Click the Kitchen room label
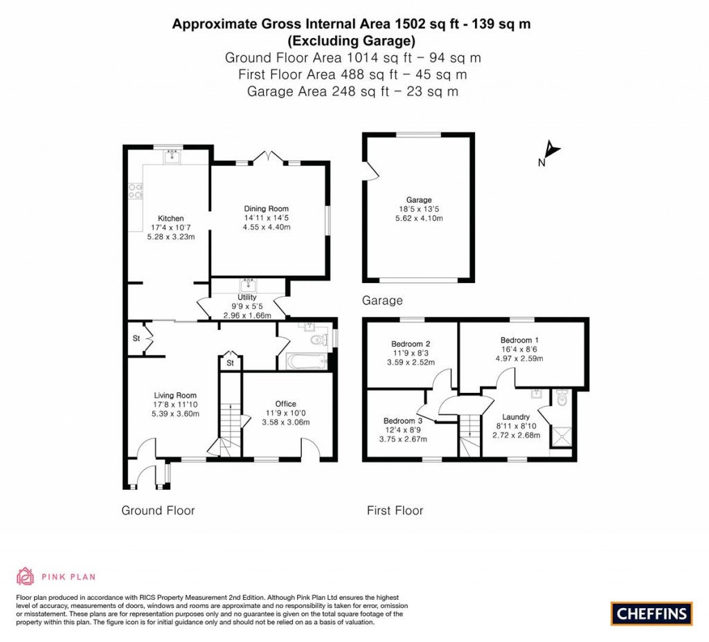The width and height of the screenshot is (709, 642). (x=170, y=218)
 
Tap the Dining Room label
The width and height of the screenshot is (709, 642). (x=267, y=209)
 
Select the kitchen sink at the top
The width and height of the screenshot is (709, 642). (x=172, y=156)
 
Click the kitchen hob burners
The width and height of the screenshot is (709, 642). (x=135, y=191)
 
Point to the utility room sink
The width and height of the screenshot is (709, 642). (x=249, y=286)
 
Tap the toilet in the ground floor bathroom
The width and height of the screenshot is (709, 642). (x=319, y=340)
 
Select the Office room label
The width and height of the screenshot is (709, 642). (x=286, y=404)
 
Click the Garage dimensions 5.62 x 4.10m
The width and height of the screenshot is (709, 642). (x=419, y=218)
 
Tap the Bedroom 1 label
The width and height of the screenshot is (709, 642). (x=519, y=340)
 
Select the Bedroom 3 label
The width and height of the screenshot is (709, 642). (x=403, y=421)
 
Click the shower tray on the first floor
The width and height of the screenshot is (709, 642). (x=561, y=437)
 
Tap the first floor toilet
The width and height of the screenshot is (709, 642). (x=562, y=398)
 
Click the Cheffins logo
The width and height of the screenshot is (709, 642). (x=652, y=614)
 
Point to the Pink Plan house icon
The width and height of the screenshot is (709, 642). (x=26, y=576)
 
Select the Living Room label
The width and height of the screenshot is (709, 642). (x=175, y=395)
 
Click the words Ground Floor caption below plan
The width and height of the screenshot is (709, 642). (x=158, y=511)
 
